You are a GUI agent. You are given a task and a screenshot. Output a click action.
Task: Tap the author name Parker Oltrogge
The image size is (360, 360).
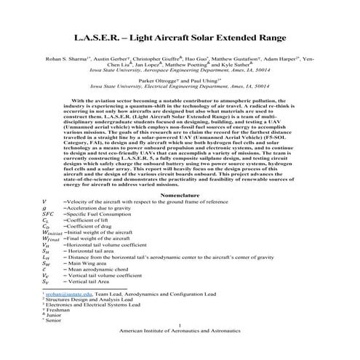click(153, 81)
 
